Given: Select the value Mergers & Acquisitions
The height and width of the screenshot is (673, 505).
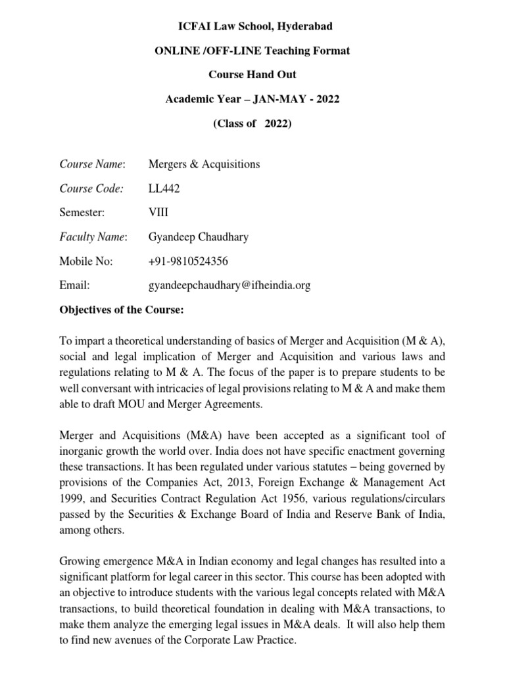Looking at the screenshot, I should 204,164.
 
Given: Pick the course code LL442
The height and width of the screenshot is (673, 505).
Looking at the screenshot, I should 164,188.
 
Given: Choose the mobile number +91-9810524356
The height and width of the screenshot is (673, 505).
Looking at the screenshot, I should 189,261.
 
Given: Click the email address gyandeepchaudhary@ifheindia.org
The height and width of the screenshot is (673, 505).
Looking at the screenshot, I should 230,285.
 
